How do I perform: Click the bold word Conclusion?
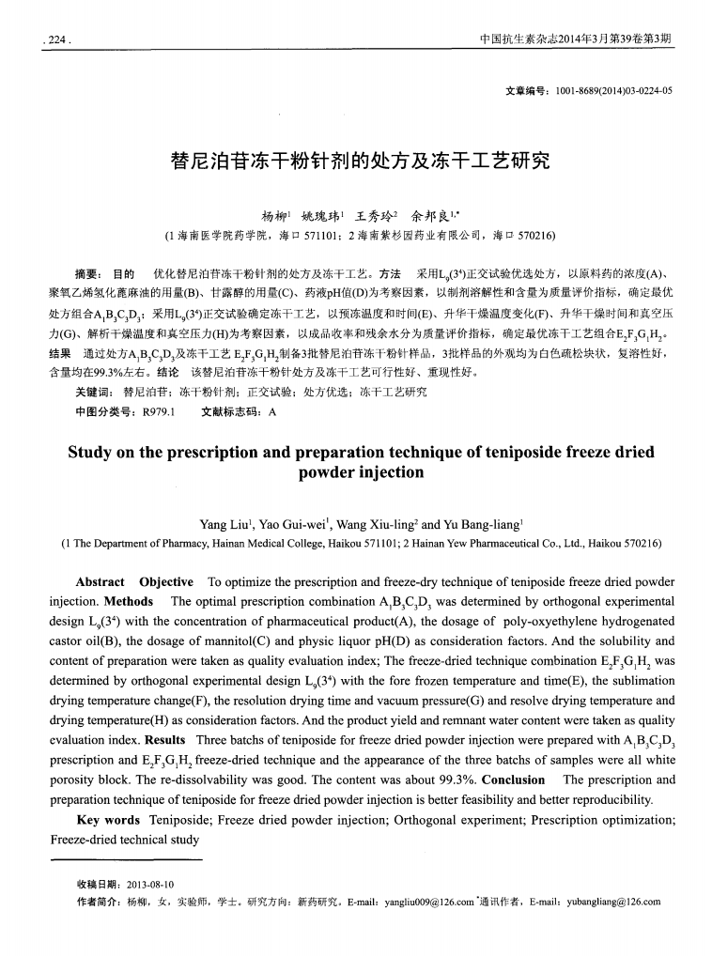pyautogui.click(x=514, y=779)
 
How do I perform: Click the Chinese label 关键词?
pyautogui.click(x=94, y=392)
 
